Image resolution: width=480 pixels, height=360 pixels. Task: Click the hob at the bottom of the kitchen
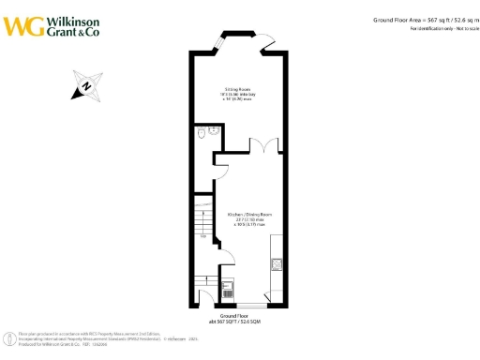pos(228,289)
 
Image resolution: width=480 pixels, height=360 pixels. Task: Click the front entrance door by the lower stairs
pos(207,298)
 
